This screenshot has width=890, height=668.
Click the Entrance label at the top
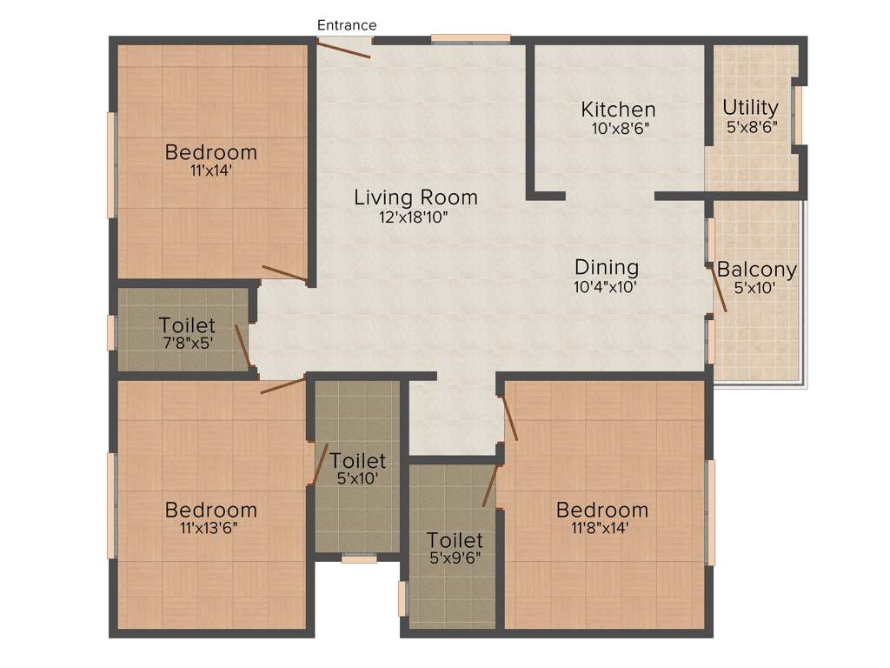tap(346, 25)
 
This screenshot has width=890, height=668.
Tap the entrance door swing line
tap(343, 49)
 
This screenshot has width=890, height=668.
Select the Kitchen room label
tap(618, 110)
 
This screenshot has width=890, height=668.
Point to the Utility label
tap(750, 107)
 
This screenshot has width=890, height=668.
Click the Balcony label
tap(756, 270)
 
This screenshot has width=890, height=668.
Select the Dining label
tap(606, 267)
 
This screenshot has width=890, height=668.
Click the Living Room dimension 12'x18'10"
tap(414, 217)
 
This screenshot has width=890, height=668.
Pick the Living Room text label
tap(415, 197)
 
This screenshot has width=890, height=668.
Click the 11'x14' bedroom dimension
tap(210, 170)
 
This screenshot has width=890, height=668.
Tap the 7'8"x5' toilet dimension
tap(187, 343)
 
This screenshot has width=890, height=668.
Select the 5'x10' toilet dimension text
tap(357, 478)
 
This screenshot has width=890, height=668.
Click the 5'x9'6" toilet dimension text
tap(455, 558)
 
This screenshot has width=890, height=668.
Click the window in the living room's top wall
tap(470, 37)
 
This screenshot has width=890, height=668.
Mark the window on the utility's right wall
tap(797, 115)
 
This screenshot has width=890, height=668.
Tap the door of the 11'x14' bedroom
tap(285, 274)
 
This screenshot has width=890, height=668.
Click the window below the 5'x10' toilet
tap(358, 559)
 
